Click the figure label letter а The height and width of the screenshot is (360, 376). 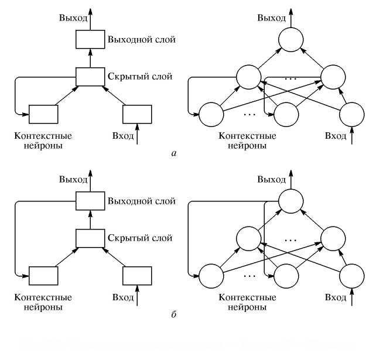[172, 154]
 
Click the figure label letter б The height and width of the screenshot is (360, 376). [172, 316]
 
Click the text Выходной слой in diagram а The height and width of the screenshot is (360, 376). [141, 40]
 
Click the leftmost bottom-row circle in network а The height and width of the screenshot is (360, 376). [211, 114]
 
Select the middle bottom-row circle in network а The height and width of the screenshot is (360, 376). [287, 114]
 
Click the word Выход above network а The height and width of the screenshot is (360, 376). [272, 18]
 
